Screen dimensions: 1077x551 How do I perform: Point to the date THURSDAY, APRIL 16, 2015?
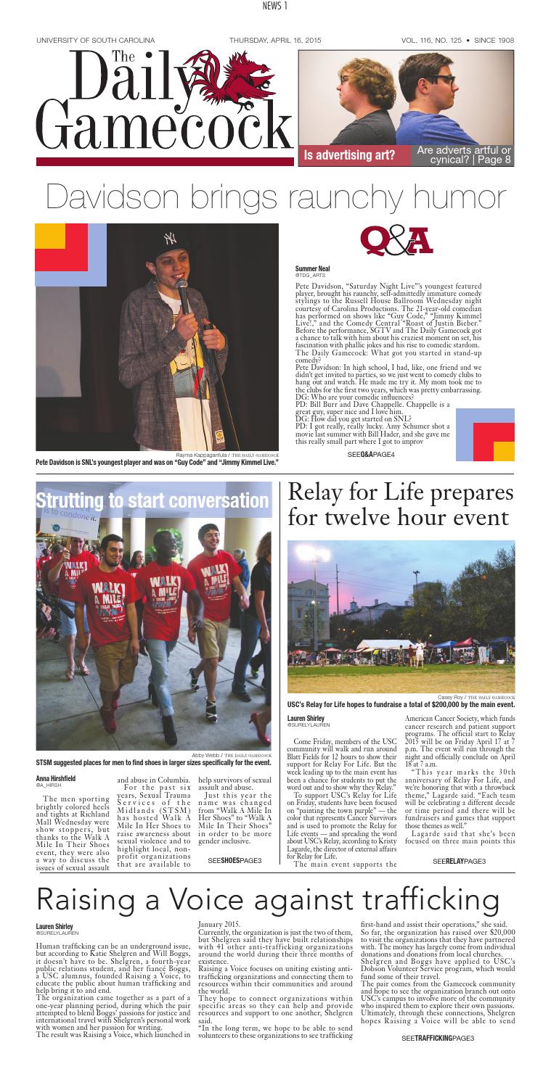tap(275, 39)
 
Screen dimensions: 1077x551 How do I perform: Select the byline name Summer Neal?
tap(311, 268)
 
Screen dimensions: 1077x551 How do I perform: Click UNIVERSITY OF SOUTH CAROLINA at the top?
tap(95, 39)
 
